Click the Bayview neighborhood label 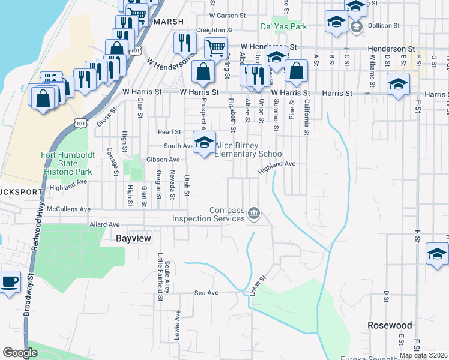tap(132, 238)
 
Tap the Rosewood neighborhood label tap(390, 325)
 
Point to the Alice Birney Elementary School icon tap(205, 143)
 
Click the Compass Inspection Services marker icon tap(254, 214)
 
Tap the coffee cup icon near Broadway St tap(9, 282)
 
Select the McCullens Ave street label tap(68, 209)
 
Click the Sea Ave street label tap(204, 293)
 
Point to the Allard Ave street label tap(104, 224)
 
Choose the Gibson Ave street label tap(163, 160)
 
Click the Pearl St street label tap(169, 131)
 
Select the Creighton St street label tap(214, 30)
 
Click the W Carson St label tap(228, 16)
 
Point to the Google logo tap(20, 353)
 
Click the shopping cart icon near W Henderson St tap(215, 47)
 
